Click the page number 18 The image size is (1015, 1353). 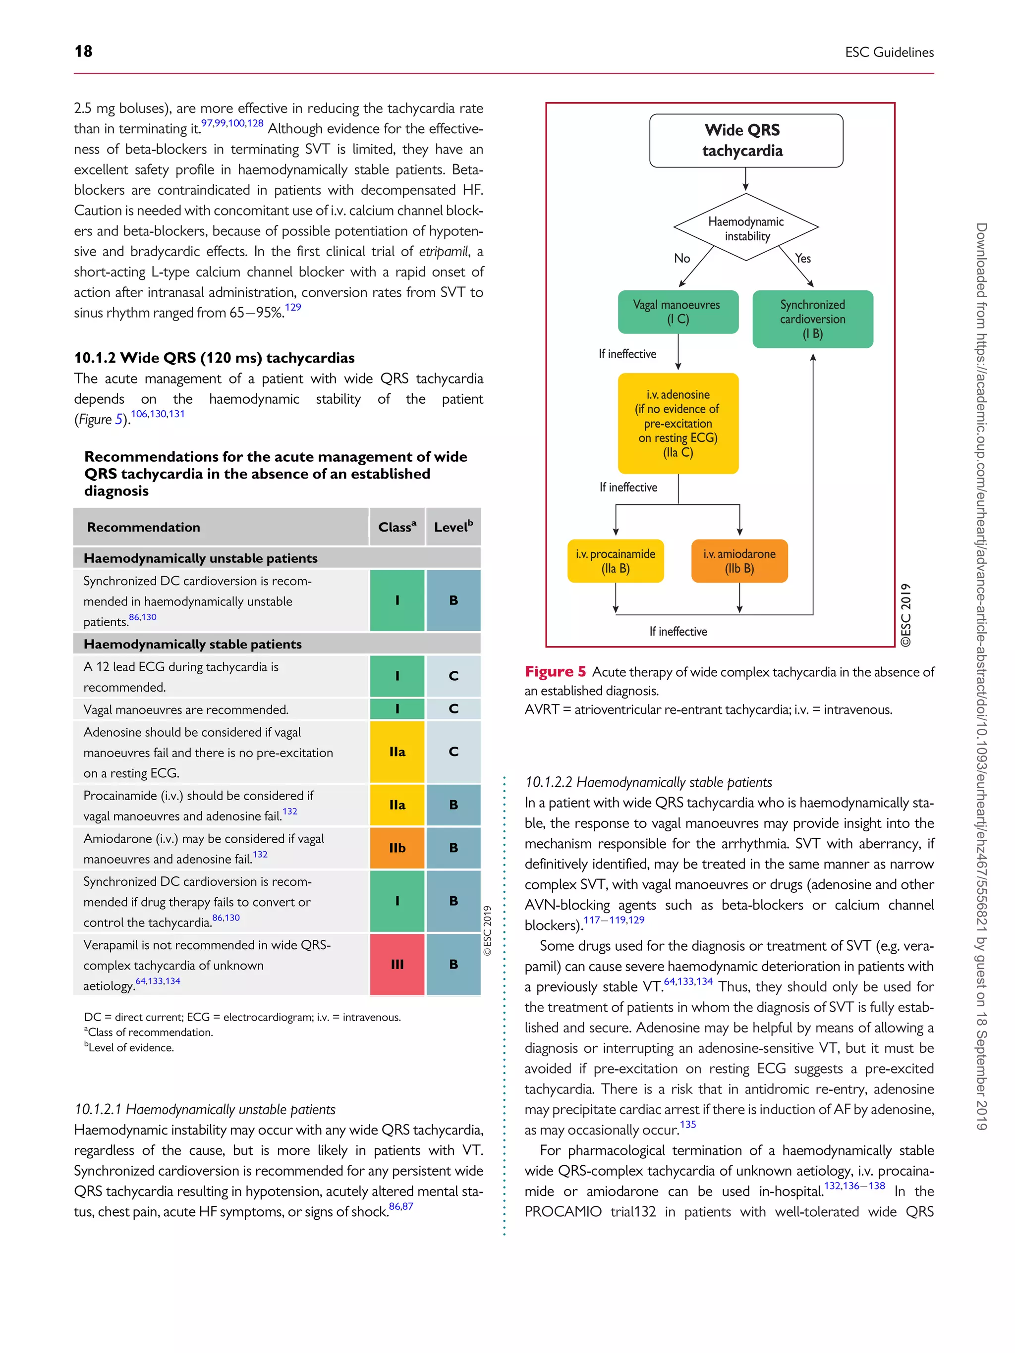83,52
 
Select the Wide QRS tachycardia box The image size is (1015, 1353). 745,140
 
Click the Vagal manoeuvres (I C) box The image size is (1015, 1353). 677,312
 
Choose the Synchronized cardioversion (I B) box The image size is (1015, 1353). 812,319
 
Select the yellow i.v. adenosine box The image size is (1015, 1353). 677,423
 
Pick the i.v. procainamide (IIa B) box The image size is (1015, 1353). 615,561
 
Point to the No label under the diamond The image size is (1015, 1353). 681,258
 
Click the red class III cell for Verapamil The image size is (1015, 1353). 396,964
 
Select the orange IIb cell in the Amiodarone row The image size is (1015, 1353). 396,848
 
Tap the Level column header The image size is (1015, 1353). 453,527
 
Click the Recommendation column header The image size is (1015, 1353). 143,527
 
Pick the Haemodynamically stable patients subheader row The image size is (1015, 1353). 192,644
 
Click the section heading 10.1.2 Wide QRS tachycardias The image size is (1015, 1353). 214,358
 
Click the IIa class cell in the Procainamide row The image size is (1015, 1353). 396,805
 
